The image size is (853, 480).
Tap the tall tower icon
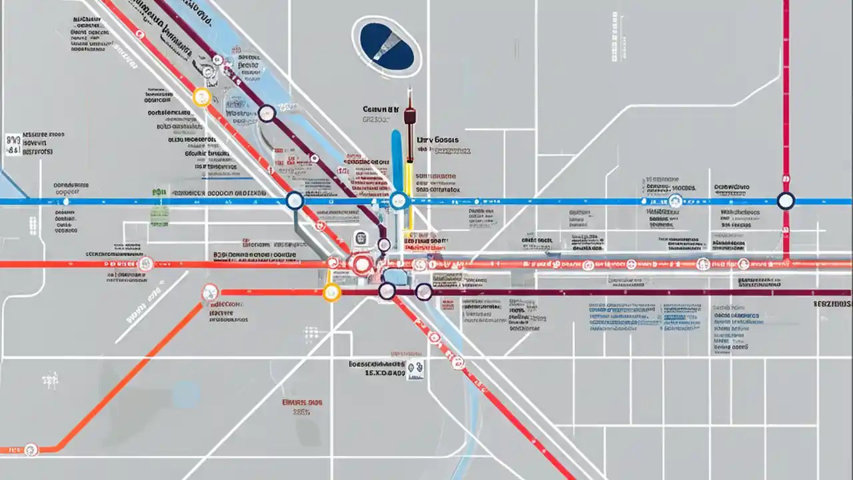[410, 127]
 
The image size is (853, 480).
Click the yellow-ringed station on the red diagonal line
[202, 97]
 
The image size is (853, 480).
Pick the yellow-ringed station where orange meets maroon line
[331, 292]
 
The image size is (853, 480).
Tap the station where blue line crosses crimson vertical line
[786, 201]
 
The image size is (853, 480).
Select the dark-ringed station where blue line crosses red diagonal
[295, 201]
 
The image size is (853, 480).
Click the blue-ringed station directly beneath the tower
[399, 201]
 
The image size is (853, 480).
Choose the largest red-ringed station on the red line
[362, 265]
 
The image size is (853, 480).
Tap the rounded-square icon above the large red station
[360, 238]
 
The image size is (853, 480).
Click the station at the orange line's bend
[210, 292]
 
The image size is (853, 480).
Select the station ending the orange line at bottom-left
[31, 450]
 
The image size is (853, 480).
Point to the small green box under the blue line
[159, 215]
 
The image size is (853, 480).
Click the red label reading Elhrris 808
[302, 403]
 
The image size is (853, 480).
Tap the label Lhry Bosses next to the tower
[438, 141]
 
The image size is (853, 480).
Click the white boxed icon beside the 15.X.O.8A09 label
[416, 367]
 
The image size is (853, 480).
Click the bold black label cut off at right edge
[832, 303]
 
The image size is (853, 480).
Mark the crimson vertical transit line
[786, 100]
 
